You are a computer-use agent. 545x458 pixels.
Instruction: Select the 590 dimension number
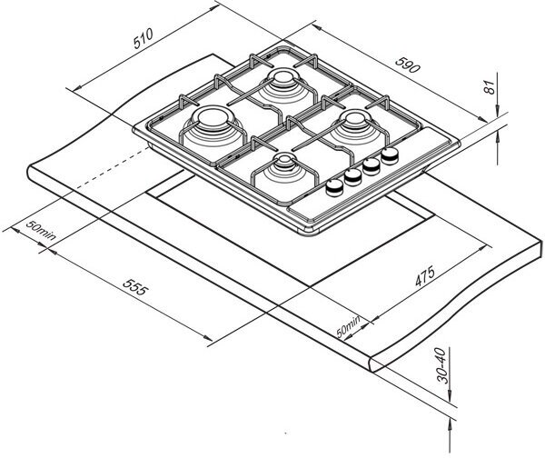click(407, 65)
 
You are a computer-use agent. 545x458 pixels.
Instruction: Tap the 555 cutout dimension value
click(135, 291)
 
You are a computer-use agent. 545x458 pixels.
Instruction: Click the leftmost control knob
click(335, 185)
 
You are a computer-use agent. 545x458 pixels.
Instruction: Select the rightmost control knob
click(391, 154)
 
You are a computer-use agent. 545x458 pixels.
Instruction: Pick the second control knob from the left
click(353, 174)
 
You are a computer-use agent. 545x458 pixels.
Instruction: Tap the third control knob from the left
click(372, 164)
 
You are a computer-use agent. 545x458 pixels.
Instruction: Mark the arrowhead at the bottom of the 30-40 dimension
click(451, 421)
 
